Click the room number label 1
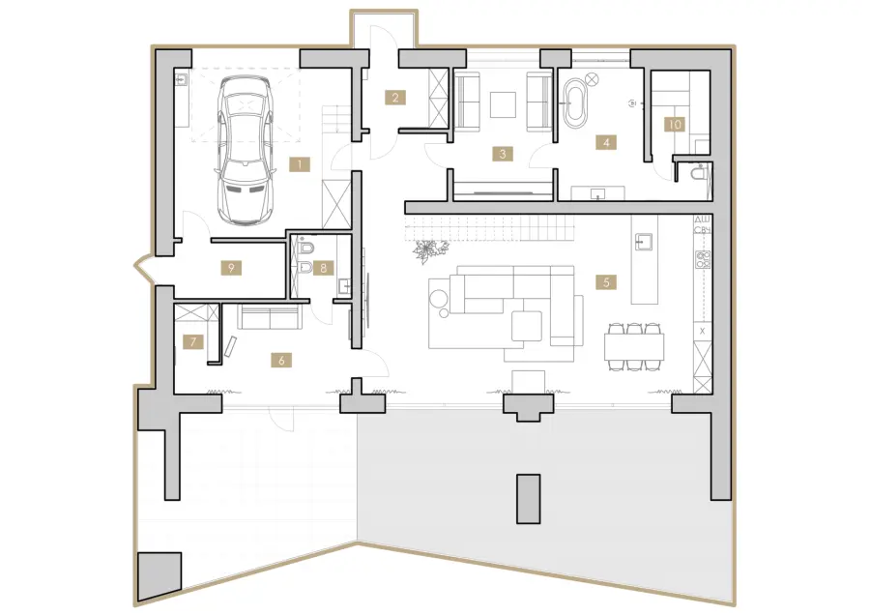[x=300, y=164]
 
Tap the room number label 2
[x=395, y=98]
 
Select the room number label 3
[x=503, y=153]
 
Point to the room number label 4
[x=606, y=142]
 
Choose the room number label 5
[x=606, y=282]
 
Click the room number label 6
[x=282, y=361]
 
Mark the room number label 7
[x=193, y=341]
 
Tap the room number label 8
[x=324, y=268]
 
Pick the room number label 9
[x=231, y=268]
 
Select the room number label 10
[x=675, y=125]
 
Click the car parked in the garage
[x=246, y=150]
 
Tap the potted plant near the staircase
[x=428, y=250]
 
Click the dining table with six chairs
[x=634, y=346]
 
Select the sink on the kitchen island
[x=644, y=242]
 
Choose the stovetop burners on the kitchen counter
[x=703, y=260]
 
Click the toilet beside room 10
[x=699, y=173]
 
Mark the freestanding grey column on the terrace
[x=528, y=498]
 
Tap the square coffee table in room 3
[x=503, y=104]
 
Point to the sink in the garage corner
[x=182, y=80]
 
